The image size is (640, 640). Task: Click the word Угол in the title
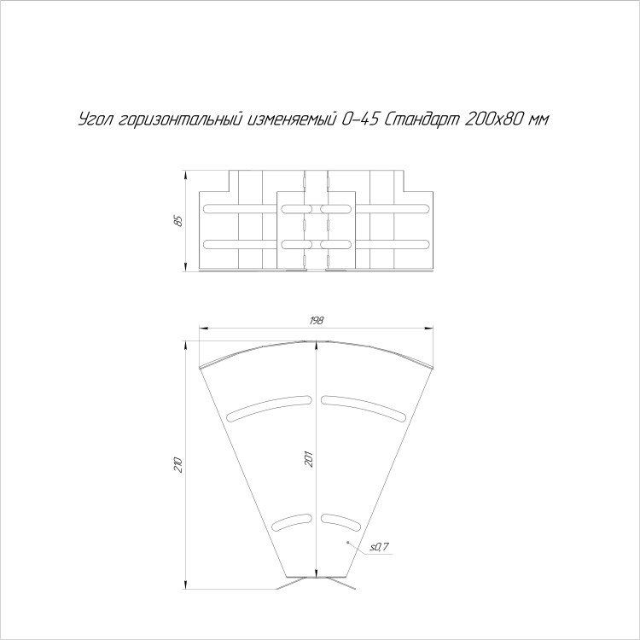tap(94, 119)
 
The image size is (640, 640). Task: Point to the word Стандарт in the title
tap(422, 119)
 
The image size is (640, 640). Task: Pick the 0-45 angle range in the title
tap(359, 119)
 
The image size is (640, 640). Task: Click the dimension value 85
tap(178, 221)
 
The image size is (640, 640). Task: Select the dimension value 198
tap(317, 320)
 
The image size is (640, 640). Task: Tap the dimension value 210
tap(178, 465)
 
